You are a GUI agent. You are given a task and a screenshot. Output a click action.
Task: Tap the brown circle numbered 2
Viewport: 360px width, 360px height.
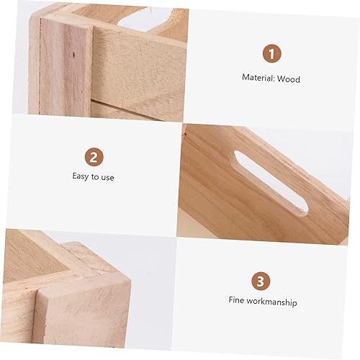pos(93,156)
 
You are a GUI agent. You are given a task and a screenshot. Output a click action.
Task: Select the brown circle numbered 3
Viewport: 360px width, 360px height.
pos(261,281)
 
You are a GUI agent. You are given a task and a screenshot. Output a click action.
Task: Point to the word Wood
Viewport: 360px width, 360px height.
pos(289,78)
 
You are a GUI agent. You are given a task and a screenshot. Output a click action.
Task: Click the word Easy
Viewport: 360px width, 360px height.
pos(81,176)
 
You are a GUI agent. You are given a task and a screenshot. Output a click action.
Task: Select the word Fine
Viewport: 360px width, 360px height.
pos(238,302)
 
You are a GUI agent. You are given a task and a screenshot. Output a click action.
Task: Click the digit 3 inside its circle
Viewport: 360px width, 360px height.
pos(261,281)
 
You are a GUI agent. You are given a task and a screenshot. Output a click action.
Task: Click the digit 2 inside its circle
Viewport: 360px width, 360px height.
pos(93,156)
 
